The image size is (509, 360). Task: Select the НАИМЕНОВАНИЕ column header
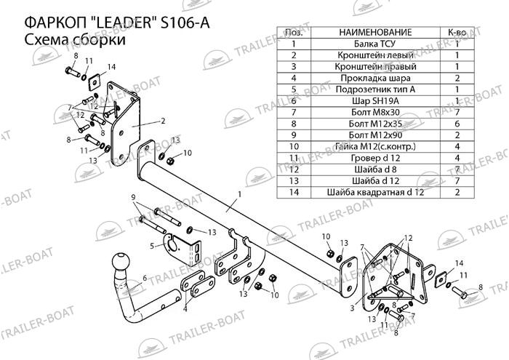click(x=375, y=33)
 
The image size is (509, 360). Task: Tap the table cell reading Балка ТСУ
click(x=375, y=44)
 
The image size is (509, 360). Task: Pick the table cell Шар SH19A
click(x=375, y=101)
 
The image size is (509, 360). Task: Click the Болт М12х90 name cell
click(x=375, y=135)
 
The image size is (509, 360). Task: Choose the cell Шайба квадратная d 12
click(x=375, y=192)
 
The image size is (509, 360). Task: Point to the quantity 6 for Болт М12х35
click(x=457, y=124)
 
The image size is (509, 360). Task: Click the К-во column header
click(x=457, y=33)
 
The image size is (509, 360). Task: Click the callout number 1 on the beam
click(x=239, y=194)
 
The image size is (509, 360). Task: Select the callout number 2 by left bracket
click(x=163, y=121)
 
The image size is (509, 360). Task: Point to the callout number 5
click(x=152, y=246)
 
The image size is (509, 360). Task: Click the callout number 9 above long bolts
click(x=133, y=197)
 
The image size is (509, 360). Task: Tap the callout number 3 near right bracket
click(x=352, y=307)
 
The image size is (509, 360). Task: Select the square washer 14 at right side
click(x=441, y=279)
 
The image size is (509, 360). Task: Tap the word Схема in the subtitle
click(x=46, y=39)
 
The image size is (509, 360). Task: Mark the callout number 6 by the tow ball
click(x=145, y=279)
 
